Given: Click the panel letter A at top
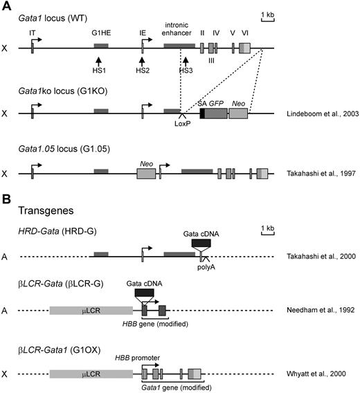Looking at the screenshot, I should click(6, 6).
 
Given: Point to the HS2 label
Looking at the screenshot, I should click(142, 71).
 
